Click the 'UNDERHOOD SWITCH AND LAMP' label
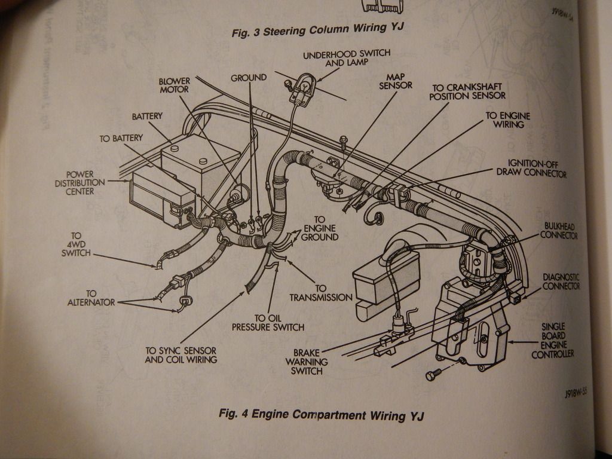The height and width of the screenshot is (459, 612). click(x=346, y=58)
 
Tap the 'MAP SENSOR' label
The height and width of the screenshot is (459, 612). click(x=395, y=81)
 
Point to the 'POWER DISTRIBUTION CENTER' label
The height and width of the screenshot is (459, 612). click(x=80, y=182)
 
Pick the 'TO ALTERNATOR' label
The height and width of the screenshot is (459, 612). click(x=91, y=298)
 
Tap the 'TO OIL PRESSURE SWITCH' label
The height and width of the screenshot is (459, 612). click(x=268, y=323)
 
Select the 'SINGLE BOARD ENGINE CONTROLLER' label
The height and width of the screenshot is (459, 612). click(x=552, y=341)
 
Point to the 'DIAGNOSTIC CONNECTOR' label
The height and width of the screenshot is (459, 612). click(x=561, y=281)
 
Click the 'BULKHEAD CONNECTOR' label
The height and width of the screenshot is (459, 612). click(x=558, y=231)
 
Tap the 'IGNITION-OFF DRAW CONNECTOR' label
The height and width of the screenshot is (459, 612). click(x=531, y=168)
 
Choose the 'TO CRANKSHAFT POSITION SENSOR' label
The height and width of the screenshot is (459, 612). click(x=467, y=91)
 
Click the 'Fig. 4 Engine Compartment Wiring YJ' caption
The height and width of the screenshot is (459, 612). click(x=321, y=414)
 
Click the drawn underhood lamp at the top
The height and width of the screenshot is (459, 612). click(x=303, y=88)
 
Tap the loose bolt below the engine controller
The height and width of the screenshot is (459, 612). click(x=432, y=375)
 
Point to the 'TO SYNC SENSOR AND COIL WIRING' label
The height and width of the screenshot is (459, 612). click(x=180, y=355)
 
